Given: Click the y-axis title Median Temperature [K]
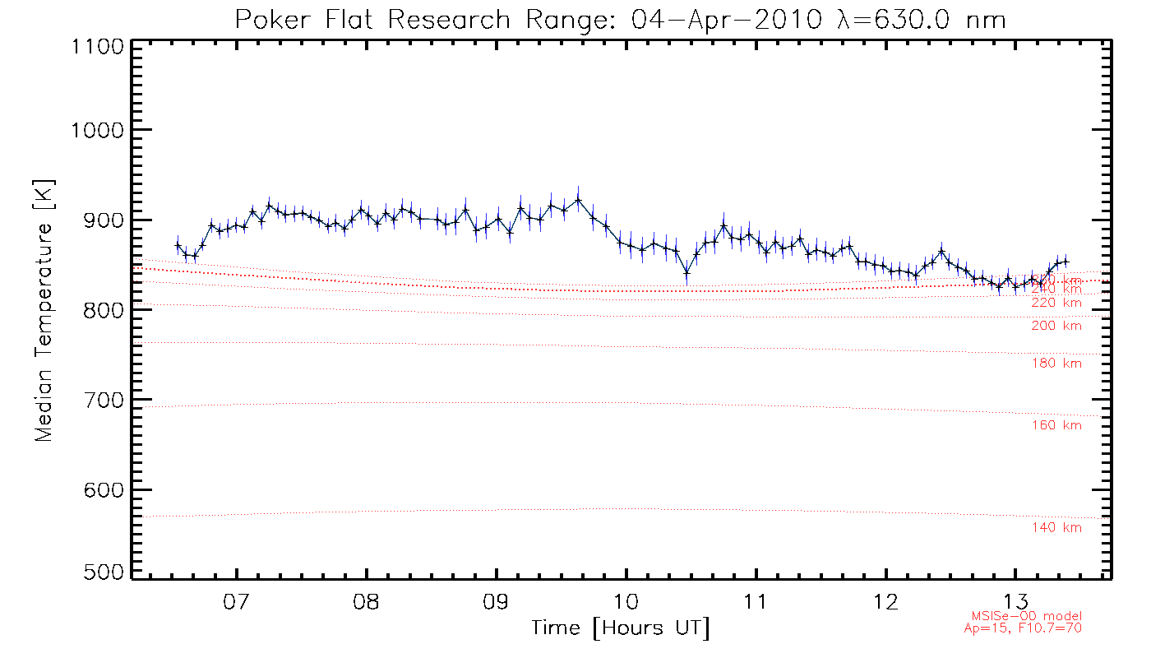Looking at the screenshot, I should point(44,311).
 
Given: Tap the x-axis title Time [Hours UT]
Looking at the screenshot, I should point(620,628).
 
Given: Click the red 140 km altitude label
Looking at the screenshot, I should point(1056,528).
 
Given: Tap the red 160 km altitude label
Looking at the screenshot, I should point(1056,425).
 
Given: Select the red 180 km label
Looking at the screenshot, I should point(1056,364).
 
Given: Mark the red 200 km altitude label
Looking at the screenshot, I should point(1056,326).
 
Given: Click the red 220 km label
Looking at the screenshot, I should point(1056,303).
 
